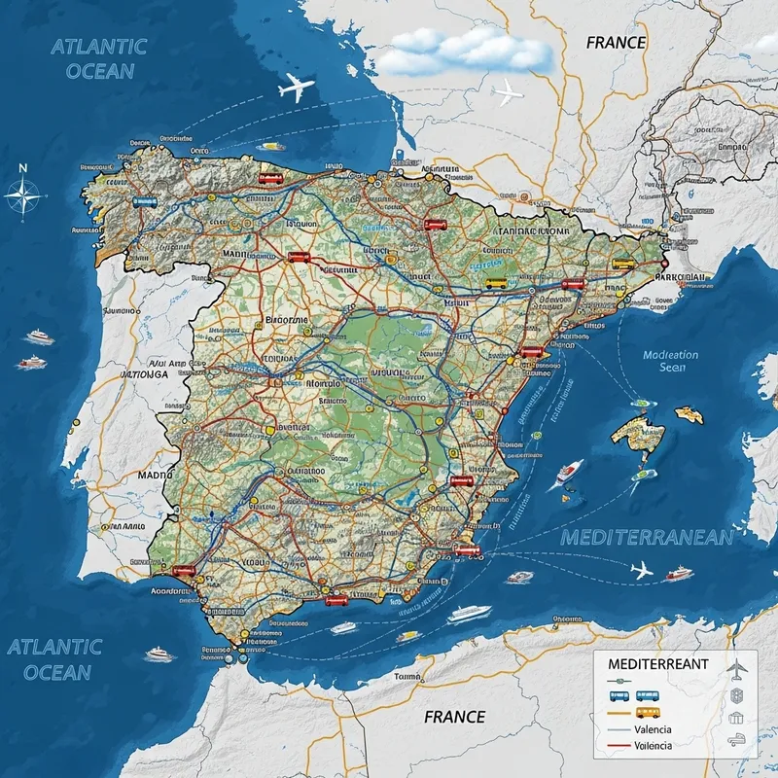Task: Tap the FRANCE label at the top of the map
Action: [x=616, y=43]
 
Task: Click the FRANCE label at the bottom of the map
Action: [x=454, y=717]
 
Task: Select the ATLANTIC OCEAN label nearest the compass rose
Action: [x=98, y=57]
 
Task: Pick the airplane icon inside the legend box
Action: [x=736, y=669]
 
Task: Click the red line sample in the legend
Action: [x=616, y=747]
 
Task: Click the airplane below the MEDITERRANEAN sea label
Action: [x=642, y=570]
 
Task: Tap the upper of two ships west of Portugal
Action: [x=39, y=336]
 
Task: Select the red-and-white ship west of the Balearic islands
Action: [x=570, y=474]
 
